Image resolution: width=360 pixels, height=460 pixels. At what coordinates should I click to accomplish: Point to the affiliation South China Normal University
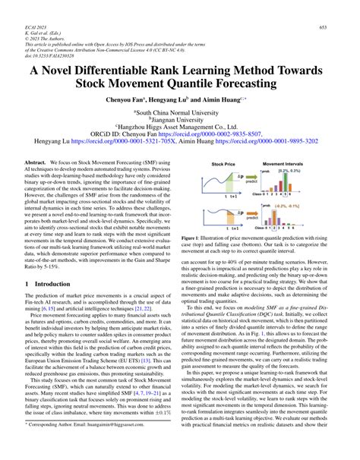click(180, 112)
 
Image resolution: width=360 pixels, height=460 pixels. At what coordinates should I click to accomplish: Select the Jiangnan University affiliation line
click(180, 121)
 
